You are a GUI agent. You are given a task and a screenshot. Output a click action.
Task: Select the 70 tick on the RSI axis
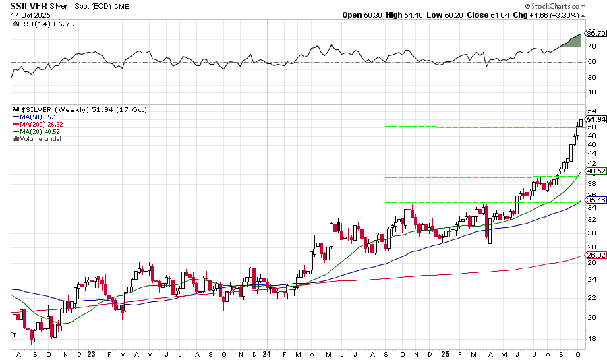point(591,47)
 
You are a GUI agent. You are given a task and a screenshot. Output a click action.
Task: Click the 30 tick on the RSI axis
point(591,78)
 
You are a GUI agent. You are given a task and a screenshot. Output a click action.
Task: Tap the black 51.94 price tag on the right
point(596,119)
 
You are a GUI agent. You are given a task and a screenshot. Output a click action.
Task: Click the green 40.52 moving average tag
point(596,171)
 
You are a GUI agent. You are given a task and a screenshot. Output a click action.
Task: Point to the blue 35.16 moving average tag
point(596,200)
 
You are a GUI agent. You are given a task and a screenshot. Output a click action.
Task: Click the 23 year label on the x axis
point(90,353)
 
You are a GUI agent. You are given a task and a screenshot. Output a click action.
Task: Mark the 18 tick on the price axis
point(591,338)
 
